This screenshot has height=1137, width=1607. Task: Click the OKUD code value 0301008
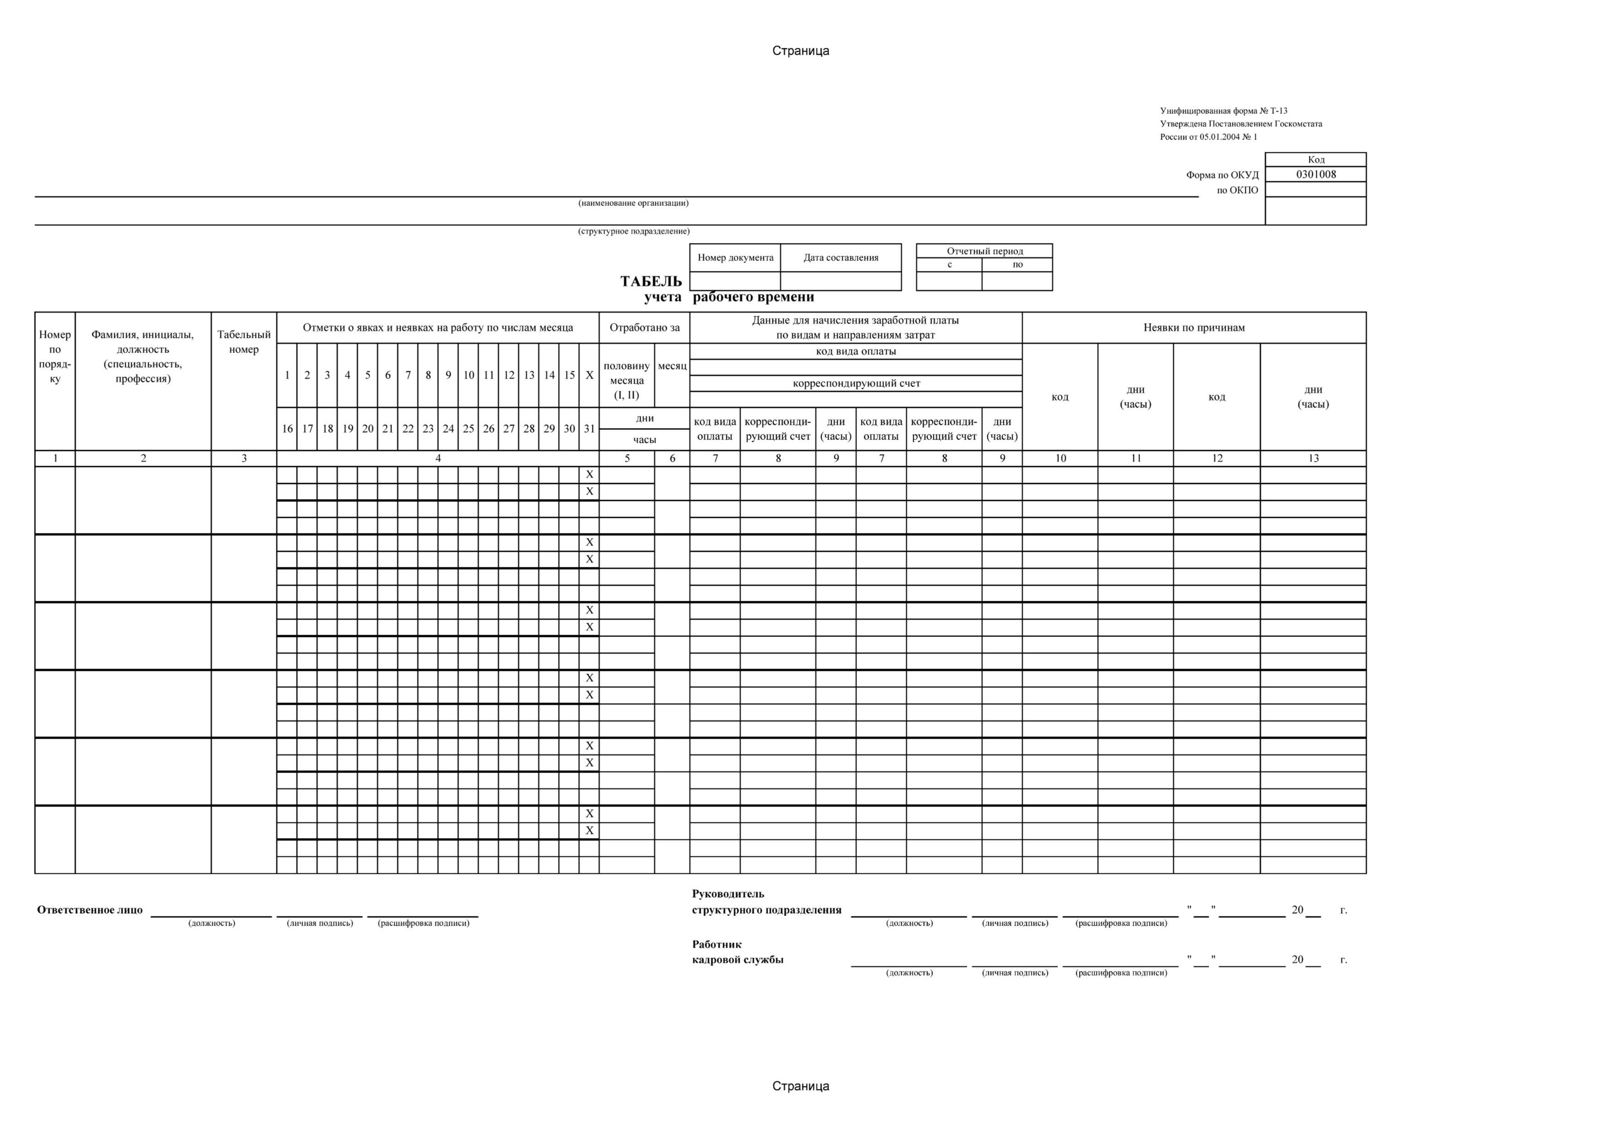click(1315, 175)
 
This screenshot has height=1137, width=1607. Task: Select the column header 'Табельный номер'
click(244, 342)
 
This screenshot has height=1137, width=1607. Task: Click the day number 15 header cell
click(569, 375)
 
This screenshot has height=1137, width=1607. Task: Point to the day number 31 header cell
click(589, 428)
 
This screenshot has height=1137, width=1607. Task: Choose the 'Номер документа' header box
click(735, 257)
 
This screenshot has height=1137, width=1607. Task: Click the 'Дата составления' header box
click(841, 257)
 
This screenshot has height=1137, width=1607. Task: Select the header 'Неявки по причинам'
click(1193, 328)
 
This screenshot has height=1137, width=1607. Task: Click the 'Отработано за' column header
click(644, 328)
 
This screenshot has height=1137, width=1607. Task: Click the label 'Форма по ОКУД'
click(1222, 175)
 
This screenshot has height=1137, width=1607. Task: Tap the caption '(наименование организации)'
click(633, 203)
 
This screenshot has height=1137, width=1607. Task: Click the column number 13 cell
click(1313, 459)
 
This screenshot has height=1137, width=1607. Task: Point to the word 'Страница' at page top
click(801, 50)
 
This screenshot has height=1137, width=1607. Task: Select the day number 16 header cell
click(287, 428)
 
